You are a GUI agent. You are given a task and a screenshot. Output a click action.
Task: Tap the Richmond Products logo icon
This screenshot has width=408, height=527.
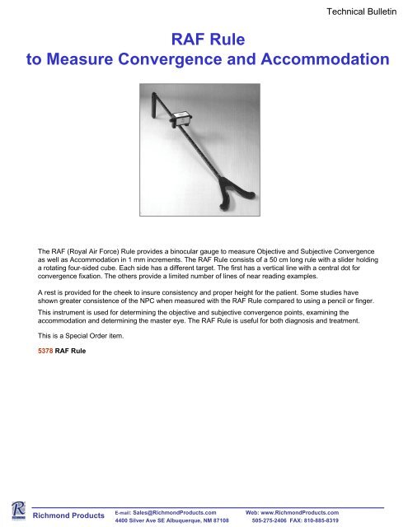[x=13, y=511]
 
